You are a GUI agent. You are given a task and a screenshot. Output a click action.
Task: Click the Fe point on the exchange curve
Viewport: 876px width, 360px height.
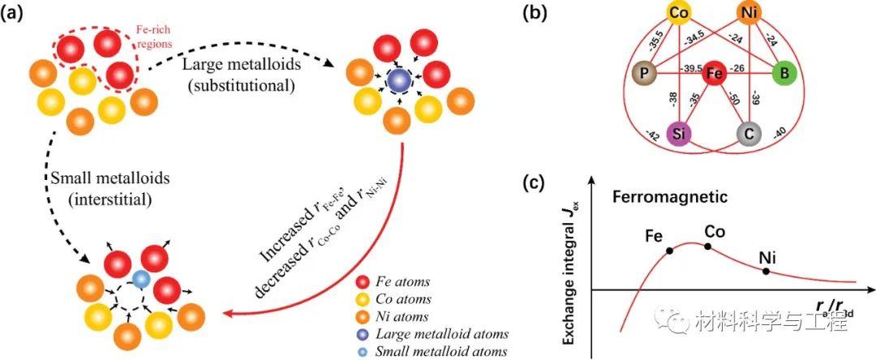(669, 251)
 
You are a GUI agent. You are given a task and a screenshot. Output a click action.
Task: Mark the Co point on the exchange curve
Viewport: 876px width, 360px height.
(708, 246)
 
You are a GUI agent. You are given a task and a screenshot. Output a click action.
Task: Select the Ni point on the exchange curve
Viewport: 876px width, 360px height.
(766, 271)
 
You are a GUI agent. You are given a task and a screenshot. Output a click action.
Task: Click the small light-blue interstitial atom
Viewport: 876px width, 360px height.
(141, 279)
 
